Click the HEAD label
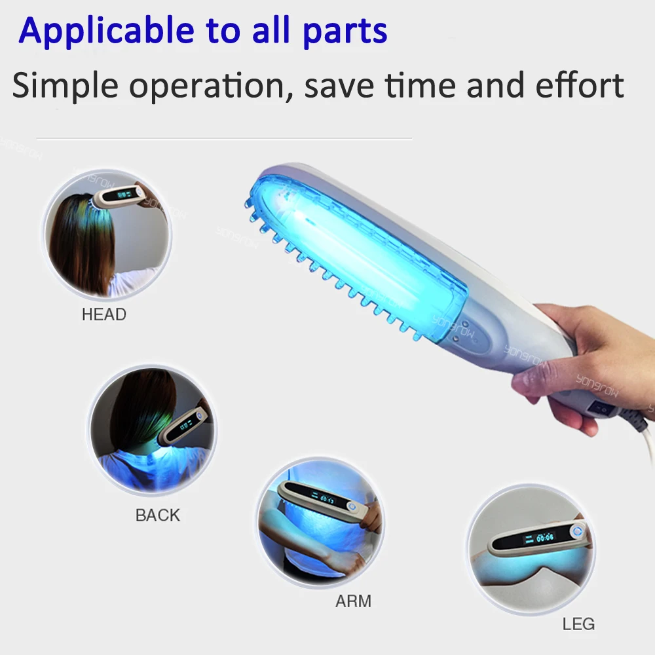click(103, 314)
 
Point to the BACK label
click(157, 515)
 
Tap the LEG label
click(578, 624)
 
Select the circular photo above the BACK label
click(152, 429)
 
